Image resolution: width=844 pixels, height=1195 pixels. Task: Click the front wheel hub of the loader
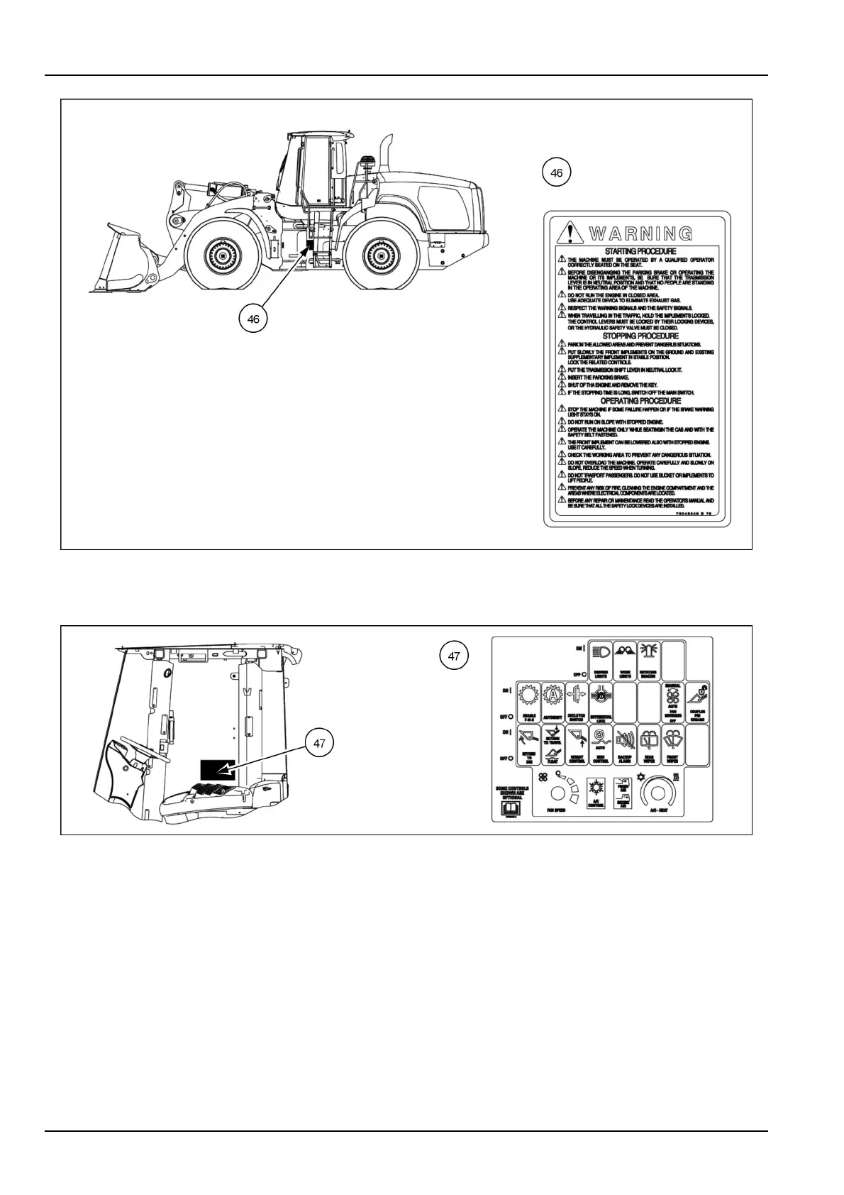tap(222, 253)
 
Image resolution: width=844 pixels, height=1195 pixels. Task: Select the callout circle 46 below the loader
tap(253, 319)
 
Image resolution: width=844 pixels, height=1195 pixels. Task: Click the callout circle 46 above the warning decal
tap(556, 172)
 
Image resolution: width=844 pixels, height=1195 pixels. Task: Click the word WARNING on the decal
tap(640, 233)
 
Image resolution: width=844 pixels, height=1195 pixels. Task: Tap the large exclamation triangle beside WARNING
tap(567, 232)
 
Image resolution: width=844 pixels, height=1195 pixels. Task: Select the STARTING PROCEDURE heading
tap(640, 251)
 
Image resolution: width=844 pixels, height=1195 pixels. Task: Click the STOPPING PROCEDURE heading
tap(640, 336)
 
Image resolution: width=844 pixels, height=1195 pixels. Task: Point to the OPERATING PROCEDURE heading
tap(640, 401)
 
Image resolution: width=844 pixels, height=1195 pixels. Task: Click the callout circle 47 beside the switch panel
tap(454, 656)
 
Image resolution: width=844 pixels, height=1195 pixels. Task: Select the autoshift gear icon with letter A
tap(552, 698)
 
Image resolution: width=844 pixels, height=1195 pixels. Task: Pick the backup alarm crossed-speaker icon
tap(625, 739)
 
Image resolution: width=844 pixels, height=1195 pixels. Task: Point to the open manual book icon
tap(512, 808)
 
